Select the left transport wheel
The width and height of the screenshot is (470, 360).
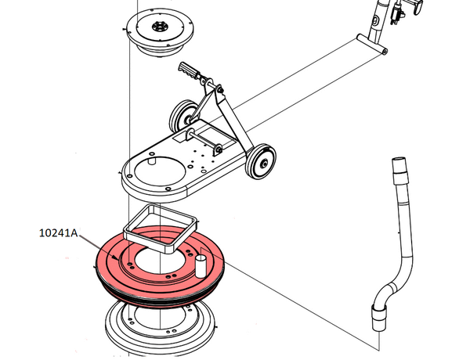tap(183, 120)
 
